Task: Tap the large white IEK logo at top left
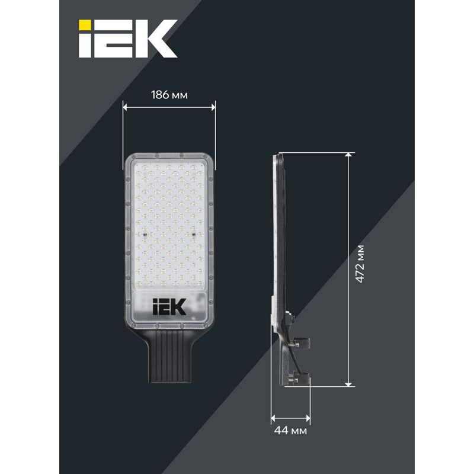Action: coord(128,39)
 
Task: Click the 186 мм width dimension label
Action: coord(169,95)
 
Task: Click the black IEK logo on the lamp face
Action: coord(169,306)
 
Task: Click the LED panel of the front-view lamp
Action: coord(169,222)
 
